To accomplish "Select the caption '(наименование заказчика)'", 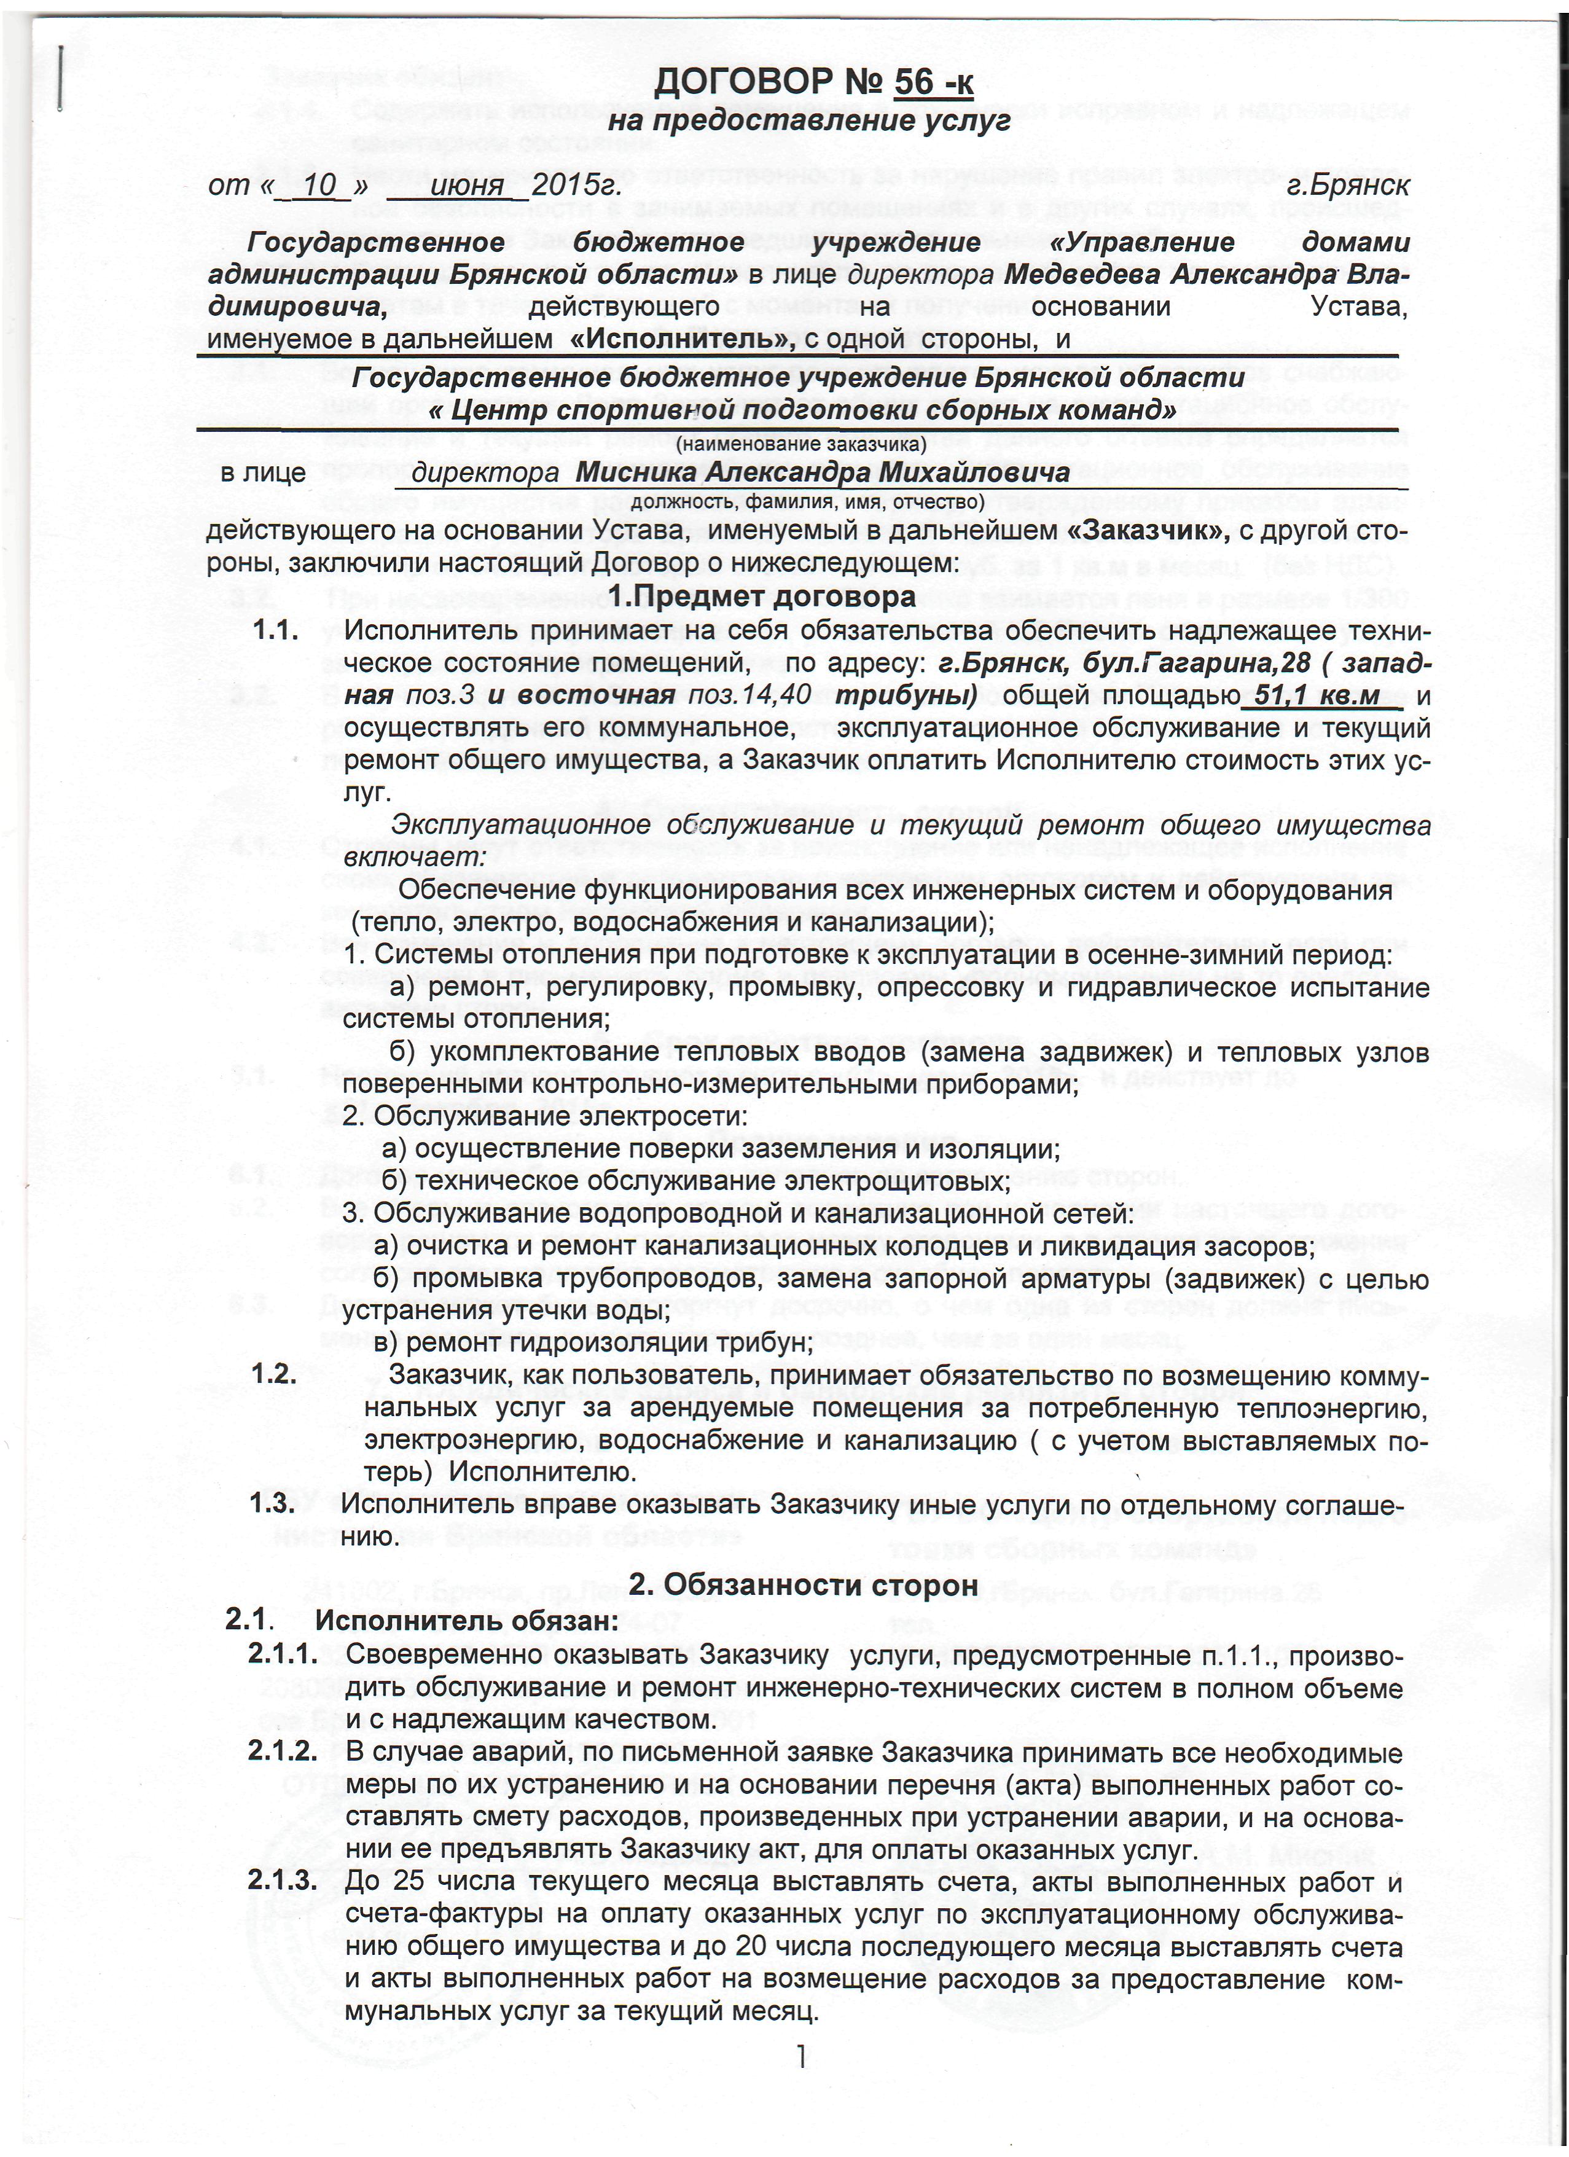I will coord(800,443).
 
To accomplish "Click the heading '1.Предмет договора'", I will coord(761,597).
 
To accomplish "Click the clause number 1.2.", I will coord(276,1376).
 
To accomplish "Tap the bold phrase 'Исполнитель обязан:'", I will coord(467,1621).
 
